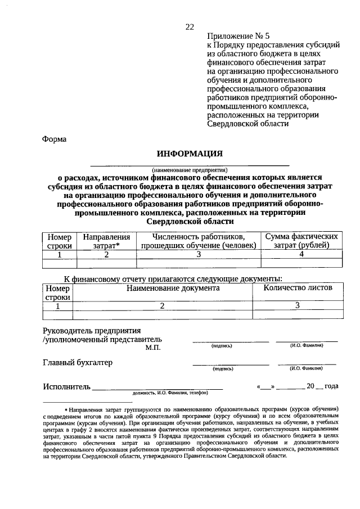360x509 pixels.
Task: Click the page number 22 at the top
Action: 190,26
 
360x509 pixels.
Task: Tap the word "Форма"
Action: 55,139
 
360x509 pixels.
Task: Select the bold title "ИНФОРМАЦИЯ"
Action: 190,154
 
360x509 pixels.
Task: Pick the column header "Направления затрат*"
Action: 102,241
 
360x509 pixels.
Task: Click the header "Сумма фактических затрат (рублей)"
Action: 301,241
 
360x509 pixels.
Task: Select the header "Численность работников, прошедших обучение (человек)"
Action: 199,241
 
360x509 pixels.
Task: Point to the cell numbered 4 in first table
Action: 301,254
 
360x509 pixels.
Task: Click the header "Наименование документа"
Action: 164,287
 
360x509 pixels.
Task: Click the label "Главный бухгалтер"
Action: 78,362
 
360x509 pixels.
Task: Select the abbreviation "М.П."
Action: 152,349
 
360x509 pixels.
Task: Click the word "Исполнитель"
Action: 66,387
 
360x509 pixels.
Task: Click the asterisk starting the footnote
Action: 66,409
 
